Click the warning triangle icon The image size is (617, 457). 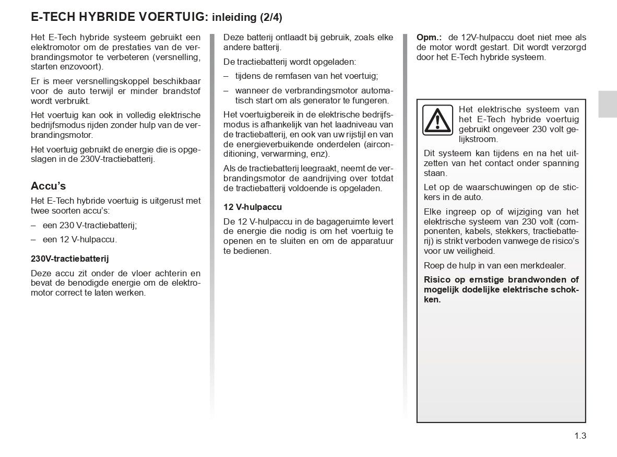438,120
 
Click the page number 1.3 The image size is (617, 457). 580,436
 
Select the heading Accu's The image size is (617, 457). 49,186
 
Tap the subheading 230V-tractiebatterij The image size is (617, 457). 70,259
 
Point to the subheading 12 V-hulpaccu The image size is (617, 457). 253,207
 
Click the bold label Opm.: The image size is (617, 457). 429,38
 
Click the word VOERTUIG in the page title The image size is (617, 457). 171,17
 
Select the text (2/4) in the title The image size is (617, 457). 271,17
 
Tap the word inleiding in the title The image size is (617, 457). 234,17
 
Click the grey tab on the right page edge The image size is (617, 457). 608,103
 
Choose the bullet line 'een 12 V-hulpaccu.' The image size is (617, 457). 79,240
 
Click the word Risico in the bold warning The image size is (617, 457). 437,280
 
